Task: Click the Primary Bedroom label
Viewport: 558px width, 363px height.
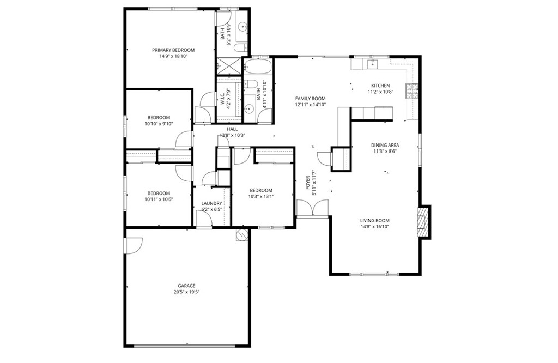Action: click(x=173, y=50)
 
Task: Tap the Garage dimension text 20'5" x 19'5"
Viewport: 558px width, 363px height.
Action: click(x=186, y=292)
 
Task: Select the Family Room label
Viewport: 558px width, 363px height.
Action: click(x=310, y=99)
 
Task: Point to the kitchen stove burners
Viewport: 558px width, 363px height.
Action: click(x=412, y=90)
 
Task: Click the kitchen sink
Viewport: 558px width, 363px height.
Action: click(x=373, y=64)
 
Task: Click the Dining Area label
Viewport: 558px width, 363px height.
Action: click(x=385, y=145)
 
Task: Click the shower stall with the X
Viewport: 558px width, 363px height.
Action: click(x=229, y=66)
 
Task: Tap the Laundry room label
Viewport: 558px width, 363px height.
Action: click(x=212, y=203)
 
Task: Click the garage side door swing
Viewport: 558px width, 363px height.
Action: click(x=134, y=246)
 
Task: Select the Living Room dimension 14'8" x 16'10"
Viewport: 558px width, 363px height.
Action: click(x=375, y=226)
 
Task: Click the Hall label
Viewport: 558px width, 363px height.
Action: click(x=232, y=129)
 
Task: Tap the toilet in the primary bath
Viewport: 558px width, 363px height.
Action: click(x=241, y=47)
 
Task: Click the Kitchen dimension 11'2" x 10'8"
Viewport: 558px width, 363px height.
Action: click(x=380, y=92)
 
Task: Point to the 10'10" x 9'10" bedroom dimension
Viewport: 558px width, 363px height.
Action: click(x=159, y=124)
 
